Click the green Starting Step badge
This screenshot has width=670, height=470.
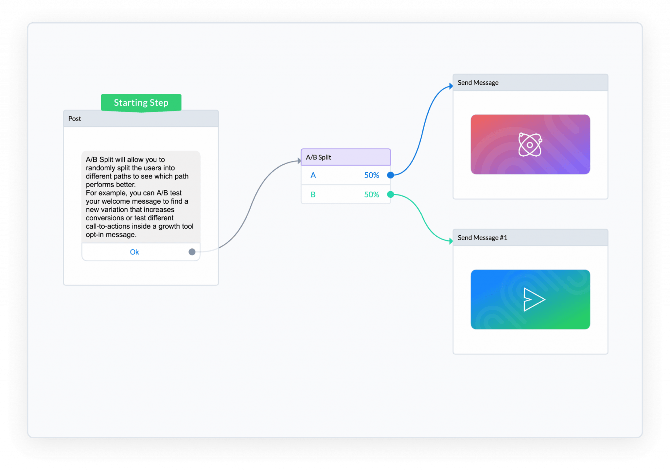tap(141, 103)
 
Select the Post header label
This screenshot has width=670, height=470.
tap(75, 119)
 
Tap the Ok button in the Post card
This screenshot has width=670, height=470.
tap(134, 252)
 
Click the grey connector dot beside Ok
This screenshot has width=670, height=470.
tap(192, 252)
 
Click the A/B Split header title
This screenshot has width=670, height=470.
tap(318, 157)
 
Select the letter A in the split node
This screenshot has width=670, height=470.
tap(313, 175)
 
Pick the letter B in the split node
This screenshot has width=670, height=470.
tap(313, 194)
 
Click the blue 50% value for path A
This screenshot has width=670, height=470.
tap(372, 175)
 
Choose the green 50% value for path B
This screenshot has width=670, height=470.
tap(372, 194)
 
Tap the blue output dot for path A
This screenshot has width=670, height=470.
tap(390, 175)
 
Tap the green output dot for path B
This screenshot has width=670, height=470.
tap(390, 194)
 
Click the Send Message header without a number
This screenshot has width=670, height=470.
tap(478, 83)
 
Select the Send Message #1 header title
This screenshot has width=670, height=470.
tap(483, 238)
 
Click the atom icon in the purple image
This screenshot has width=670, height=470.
tap(530, 144)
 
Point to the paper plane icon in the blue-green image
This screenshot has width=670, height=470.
tap(534, 299)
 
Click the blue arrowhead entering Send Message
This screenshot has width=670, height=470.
tap(451, 86)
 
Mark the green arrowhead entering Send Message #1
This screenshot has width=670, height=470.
tap(451, 241)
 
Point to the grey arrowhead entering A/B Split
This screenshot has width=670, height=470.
tap(299, 160)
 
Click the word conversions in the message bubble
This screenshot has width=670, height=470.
tap(105, 218)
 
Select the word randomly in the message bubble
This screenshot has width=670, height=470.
tap(100, 168)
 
